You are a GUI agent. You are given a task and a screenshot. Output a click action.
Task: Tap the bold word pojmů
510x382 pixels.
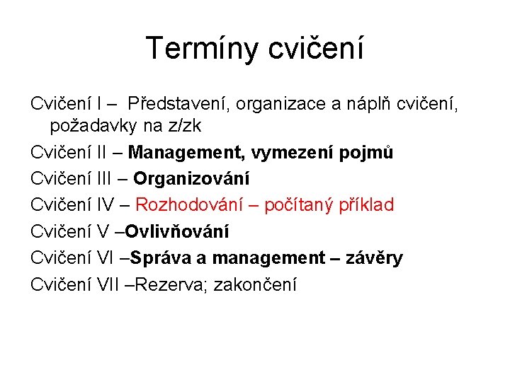[368, 152]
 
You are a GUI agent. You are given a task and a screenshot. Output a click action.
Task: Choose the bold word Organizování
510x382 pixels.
[192, 179]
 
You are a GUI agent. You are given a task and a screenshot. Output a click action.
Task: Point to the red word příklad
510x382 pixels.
[366, 205]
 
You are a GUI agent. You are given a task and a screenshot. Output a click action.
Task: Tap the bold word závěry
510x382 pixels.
[374, 257]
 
